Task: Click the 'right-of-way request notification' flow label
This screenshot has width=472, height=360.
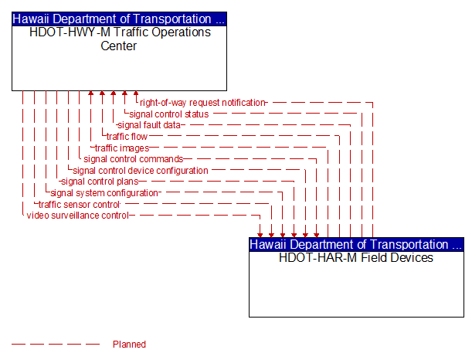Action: coord(202,103)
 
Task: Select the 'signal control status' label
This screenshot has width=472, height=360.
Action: coord(169,114)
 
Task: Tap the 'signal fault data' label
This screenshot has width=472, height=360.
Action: coord(149,125)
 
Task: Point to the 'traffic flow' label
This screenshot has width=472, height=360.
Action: coord(127,137)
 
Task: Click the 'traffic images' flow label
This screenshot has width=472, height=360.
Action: coord(122,148)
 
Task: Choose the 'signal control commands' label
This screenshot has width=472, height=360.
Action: coord(134,159)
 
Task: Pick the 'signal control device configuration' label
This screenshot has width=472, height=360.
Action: coord(141,171)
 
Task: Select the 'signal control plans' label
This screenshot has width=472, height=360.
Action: coord(100,182)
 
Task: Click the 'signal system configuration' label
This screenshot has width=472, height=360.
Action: coord(104,193)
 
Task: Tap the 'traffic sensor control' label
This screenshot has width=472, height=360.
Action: coord(79,205)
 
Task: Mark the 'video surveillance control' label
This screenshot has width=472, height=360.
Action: coord(78,216)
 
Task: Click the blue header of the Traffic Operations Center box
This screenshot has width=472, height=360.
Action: coord(119,19)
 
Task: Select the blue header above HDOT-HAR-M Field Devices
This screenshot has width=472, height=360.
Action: coord(356,244)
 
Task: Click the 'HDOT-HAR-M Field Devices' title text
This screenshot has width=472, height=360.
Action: coord(356,258)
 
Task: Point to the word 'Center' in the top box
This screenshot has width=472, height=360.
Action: coord(119,46)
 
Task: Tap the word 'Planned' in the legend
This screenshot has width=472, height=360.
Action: coord(129,344)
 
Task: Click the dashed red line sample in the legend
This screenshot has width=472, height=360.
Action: coord(56,344)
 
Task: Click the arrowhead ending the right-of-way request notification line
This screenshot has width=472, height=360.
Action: coord(136,93)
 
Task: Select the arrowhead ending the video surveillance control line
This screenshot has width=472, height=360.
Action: coord(260,235)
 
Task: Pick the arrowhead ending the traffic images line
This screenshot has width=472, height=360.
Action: coord(90,93)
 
